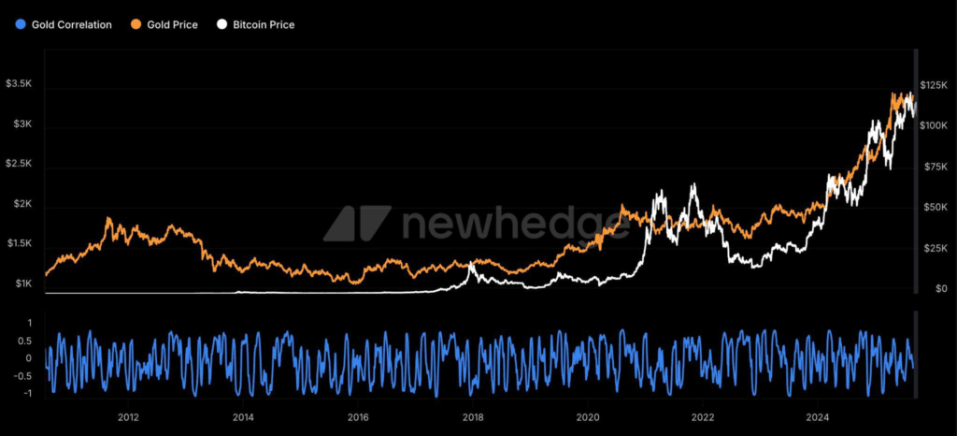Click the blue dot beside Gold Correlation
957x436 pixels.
(21, 24)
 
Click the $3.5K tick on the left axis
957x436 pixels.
(20, 84)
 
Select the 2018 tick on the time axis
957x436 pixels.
(473, 417)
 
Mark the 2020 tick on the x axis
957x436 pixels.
(588, 417)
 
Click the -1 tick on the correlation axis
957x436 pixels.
(29, 394)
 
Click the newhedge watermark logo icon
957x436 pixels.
(357, 224)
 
